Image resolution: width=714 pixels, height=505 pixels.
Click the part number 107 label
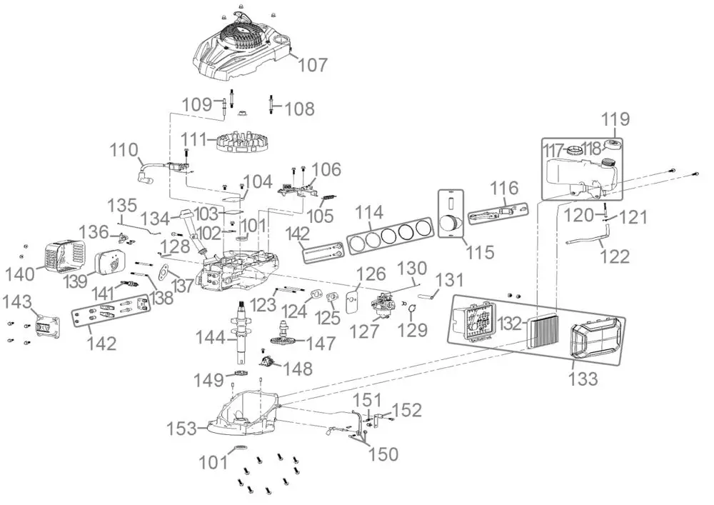(x=313, y=65)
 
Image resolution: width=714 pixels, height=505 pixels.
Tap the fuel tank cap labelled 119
(x=613, y=146)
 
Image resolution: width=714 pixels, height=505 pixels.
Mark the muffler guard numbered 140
(x=61, y=254)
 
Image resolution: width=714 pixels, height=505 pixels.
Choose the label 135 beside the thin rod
(x=121, y=206)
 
